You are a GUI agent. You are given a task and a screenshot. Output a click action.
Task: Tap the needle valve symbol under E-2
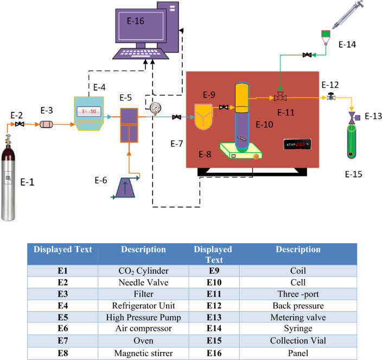pos(20,125)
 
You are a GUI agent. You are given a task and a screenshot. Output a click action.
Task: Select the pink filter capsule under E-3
pos(47,124)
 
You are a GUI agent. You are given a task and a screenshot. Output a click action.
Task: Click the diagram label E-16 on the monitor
pos(136,22)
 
